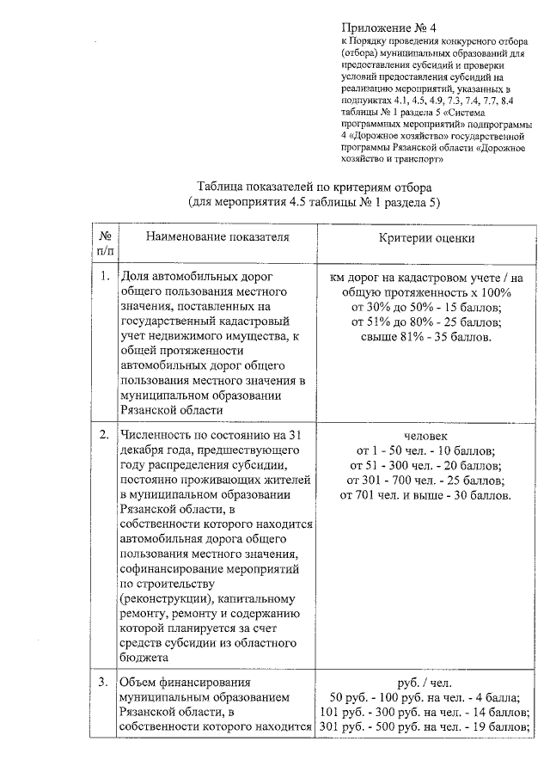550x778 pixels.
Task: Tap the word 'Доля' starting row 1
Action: point(136,277)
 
